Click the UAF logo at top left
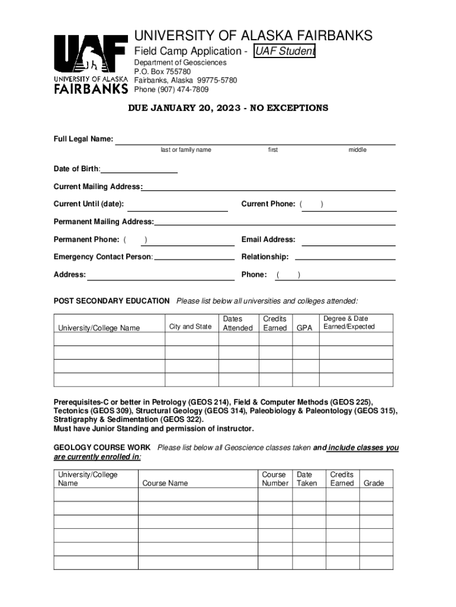point(91,64)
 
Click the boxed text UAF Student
point(285,52)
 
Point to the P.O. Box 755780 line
point(162,71)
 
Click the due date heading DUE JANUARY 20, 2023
point(228,108)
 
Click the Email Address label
point(268,239)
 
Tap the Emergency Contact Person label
point(103,257)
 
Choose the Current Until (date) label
point(89,204)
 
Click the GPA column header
point(304,327)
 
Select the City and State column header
point(190,327)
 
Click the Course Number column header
point(275,479)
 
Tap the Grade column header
point(374,483)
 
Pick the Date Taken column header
point(307,479)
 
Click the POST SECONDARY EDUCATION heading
point(111,301)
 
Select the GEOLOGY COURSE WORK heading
point(102,448)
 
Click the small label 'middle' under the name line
point(357,150)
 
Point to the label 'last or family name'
point(186,150)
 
